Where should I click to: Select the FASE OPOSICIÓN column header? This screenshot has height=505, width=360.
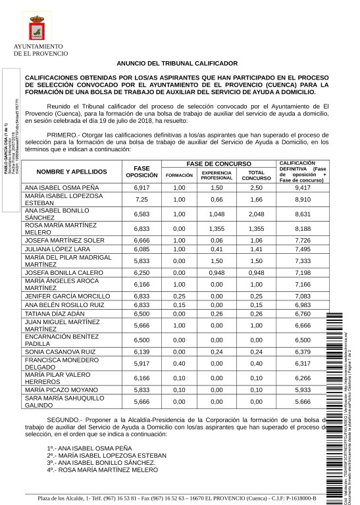pyautogui.click(x=141, y=172)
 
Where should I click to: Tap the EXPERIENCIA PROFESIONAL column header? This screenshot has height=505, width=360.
pyautogui.click(x=217, y=176)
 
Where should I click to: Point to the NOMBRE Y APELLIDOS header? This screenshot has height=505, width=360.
pyautogui.click(x=72, y=172)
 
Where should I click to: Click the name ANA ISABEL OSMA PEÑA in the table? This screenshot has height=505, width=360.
pyautogui.click(x=62, y=187)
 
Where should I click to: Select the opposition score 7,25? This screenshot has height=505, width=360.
pyautogui.click(x=141, y=199)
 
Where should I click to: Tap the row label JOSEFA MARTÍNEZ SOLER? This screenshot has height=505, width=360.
pyautogui.click(x=64, y=240)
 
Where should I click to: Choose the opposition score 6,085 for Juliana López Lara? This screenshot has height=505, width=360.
pyautogui.click(x=141, y=249)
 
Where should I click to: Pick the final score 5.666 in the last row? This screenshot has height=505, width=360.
pyautogui.click(x=303, y=402)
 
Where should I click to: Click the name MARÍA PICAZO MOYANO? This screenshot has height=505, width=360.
pyautogui.click(x=61, y=390)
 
